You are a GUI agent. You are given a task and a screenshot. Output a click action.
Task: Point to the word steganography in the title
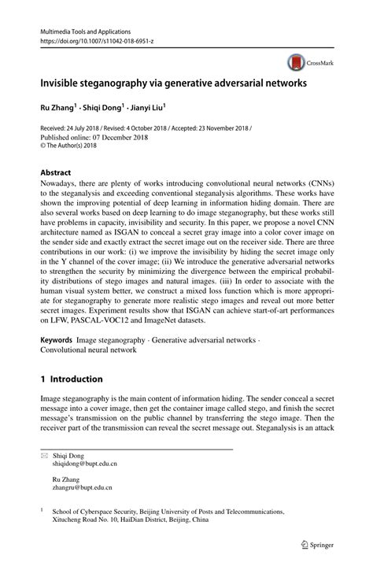[99, 81]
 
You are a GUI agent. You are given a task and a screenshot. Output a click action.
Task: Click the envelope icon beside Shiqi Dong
[44, 455]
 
